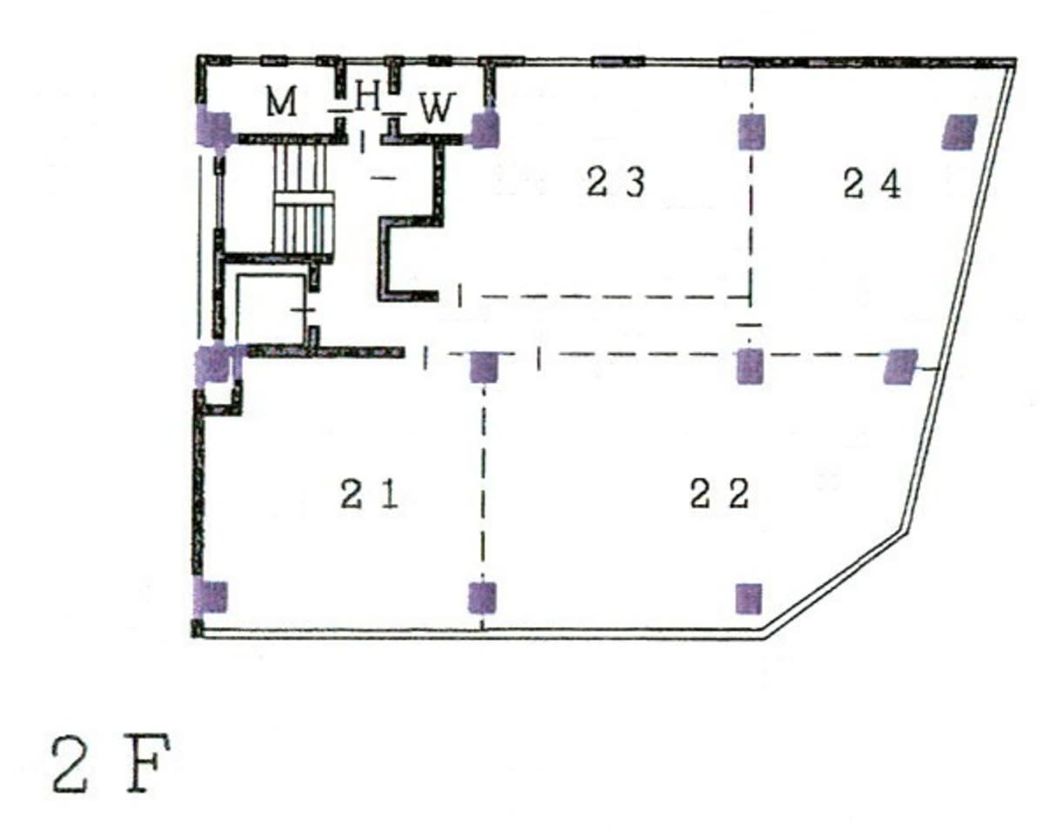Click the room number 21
pos(370,495)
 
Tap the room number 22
pos(719,494)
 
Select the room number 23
pos(615,182)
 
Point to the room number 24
pos(872,184)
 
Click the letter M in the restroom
pos(281,103)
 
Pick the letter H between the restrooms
pos(367,97)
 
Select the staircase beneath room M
pos(302,199)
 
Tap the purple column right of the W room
pos(485,130)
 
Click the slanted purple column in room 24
pos(959,131)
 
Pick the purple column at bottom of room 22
pos(749,598)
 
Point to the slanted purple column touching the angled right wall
pos(900,367)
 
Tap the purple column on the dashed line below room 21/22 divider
pos(482,597)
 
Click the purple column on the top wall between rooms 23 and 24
pos(752,131)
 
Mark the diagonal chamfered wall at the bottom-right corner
pos(835,581)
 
